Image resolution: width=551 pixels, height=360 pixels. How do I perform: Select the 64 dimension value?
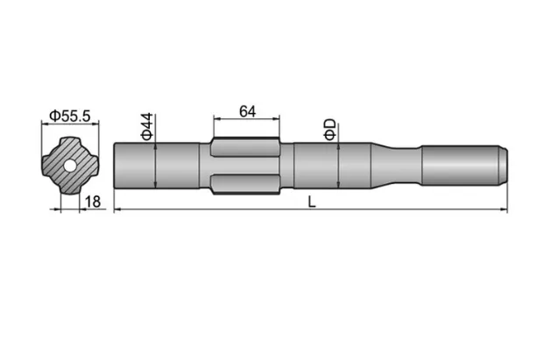point(246,111)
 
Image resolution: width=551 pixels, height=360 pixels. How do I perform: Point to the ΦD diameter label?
point(329,129)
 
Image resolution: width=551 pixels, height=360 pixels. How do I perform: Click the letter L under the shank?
point(312,201)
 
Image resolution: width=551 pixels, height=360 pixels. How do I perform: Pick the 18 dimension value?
point(95,201)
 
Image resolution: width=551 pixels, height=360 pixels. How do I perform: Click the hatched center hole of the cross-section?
point(68,164)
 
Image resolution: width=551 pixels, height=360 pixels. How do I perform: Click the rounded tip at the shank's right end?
point(505,164)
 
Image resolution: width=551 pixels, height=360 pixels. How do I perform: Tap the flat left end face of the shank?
point(115,164)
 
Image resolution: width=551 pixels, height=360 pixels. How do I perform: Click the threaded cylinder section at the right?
point(460,164)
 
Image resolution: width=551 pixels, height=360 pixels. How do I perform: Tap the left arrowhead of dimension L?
point(118,208)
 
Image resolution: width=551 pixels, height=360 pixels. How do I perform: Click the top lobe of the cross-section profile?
point(68,142)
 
